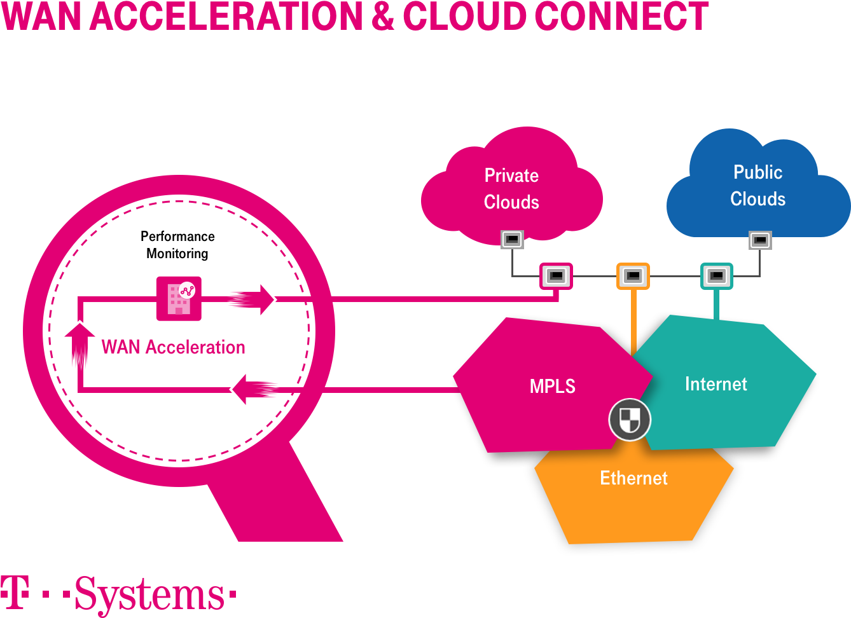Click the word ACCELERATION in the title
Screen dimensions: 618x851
point(226,17)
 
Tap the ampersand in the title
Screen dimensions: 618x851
point(383,17)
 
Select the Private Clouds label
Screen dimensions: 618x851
point(511,189)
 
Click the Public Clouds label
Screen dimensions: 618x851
point(758,186)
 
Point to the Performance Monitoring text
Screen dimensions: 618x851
point(177,245)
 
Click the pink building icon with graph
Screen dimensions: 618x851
point(179,298)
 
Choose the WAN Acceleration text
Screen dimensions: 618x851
point(173,347)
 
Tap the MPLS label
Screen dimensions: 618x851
point(552,386)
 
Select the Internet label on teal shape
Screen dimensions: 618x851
point(716,384)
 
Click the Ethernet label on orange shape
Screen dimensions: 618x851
point(633,478)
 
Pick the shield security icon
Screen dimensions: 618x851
point(629,420)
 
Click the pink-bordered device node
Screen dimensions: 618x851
point(556,276)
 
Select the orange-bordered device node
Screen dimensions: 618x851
point(633,276)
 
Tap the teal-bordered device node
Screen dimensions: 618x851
point(717,276)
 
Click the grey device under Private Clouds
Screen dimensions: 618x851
point(512,240)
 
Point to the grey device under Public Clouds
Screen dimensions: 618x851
point(760,240)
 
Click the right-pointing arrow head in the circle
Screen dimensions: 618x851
point(267,299)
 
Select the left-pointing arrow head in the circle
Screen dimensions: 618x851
point(240,389)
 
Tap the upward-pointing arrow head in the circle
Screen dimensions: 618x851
point(80,331)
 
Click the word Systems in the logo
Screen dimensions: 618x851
point(149,596)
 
